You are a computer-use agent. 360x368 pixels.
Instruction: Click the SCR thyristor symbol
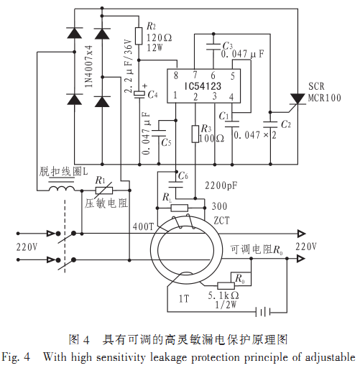pyautogui.click(x=297, y=99)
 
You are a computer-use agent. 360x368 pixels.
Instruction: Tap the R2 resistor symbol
pyautogui.click(x=139, y=36)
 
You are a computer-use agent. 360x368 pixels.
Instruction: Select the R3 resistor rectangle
pyautogui.click(x=195, y=134)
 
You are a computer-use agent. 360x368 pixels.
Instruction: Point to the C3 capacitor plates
pyautogui.click(x=213, y=47)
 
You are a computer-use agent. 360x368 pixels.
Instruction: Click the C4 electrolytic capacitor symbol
pyautogui.click(x=139, y=94)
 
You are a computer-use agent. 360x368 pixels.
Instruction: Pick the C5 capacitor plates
pyautogui.click(x=159, y=133)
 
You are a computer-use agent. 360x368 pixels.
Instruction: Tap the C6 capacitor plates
pyautogui.click(x=176, y=185)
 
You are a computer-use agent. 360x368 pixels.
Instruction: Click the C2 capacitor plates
pyautogui.click(x=270, y=124)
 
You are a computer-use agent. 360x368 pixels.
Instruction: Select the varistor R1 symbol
pyautogui.click(x=104, y=190)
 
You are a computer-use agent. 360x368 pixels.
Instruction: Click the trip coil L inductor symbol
pyautogui.click(x=62, y=188)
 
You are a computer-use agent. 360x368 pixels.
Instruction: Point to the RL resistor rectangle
pyautogui.click(x=180, y=208)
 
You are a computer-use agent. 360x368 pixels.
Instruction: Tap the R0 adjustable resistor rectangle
pyautogui.click(x=226, y=285)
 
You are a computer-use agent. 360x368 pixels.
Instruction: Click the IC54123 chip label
pyautogui.click(x=203, y=86)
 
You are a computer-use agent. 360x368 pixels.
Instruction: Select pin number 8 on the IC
pyautogui.click(x=176, y=75)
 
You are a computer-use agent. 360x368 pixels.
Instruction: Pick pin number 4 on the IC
pyautogui.click(x=231, y=97)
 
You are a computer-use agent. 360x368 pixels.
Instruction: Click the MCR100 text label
pyautogui.click(x=324, y=98)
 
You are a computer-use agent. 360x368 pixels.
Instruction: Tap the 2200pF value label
pyautogui.click(x=221, y=185)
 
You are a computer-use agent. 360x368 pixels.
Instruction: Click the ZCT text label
pyautogui.click(x=221, y=221)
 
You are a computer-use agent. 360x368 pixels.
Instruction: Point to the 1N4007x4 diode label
pyautogui.click(x=88, y=66)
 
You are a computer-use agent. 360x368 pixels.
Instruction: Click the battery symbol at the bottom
pyautogui.click(x=263, y=312)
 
